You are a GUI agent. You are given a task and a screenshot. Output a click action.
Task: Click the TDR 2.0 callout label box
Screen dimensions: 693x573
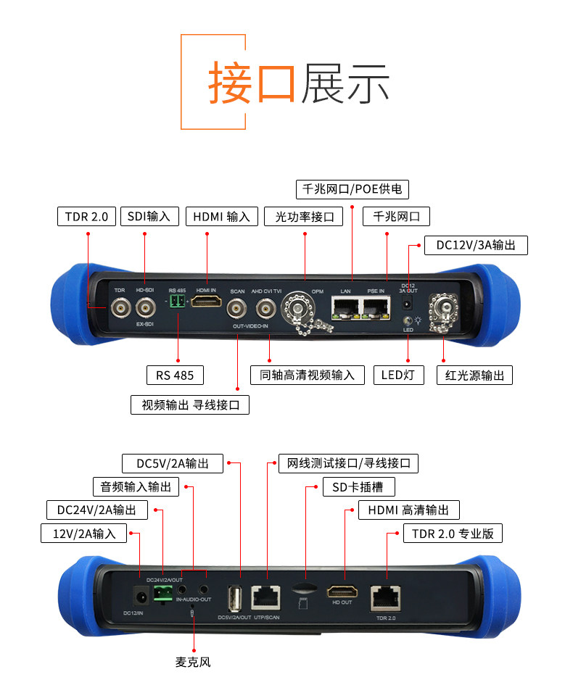tap(86, 216)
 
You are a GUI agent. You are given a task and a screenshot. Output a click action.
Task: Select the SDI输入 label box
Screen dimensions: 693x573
tap(149, 216)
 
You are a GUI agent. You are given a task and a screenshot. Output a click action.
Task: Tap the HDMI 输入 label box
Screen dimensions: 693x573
tap(221, 216)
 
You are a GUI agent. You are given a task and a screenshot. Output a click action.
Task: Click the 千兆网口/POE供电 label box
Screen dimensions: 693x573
tap(353, 190)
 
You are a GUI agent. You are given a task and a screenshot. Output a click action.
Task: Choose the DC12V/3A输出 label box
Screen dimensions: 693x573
tap(476, 245)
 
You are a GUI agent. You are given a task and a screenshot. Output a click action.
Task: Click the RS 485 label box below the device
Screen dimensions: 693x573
tap(175, 375)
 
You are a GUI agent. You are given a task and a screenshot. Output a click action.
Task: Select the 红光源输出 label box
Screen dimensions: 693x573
tap(475, 375)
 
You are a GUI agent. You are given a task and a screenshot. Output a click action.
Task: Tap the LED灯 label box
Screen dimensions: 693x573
tap(398, 375)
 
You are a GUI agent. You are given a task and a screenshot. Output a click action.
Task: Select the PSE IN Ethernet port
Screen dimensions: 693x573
tap(376, 310)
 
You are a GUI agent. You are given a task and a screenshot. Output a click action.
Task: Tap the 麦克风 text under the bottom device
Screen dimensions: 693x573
tap(193, 662)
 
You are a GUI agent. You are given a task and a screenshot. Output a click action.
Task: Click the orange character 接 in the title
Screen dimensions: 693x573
tap(230, 81)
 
